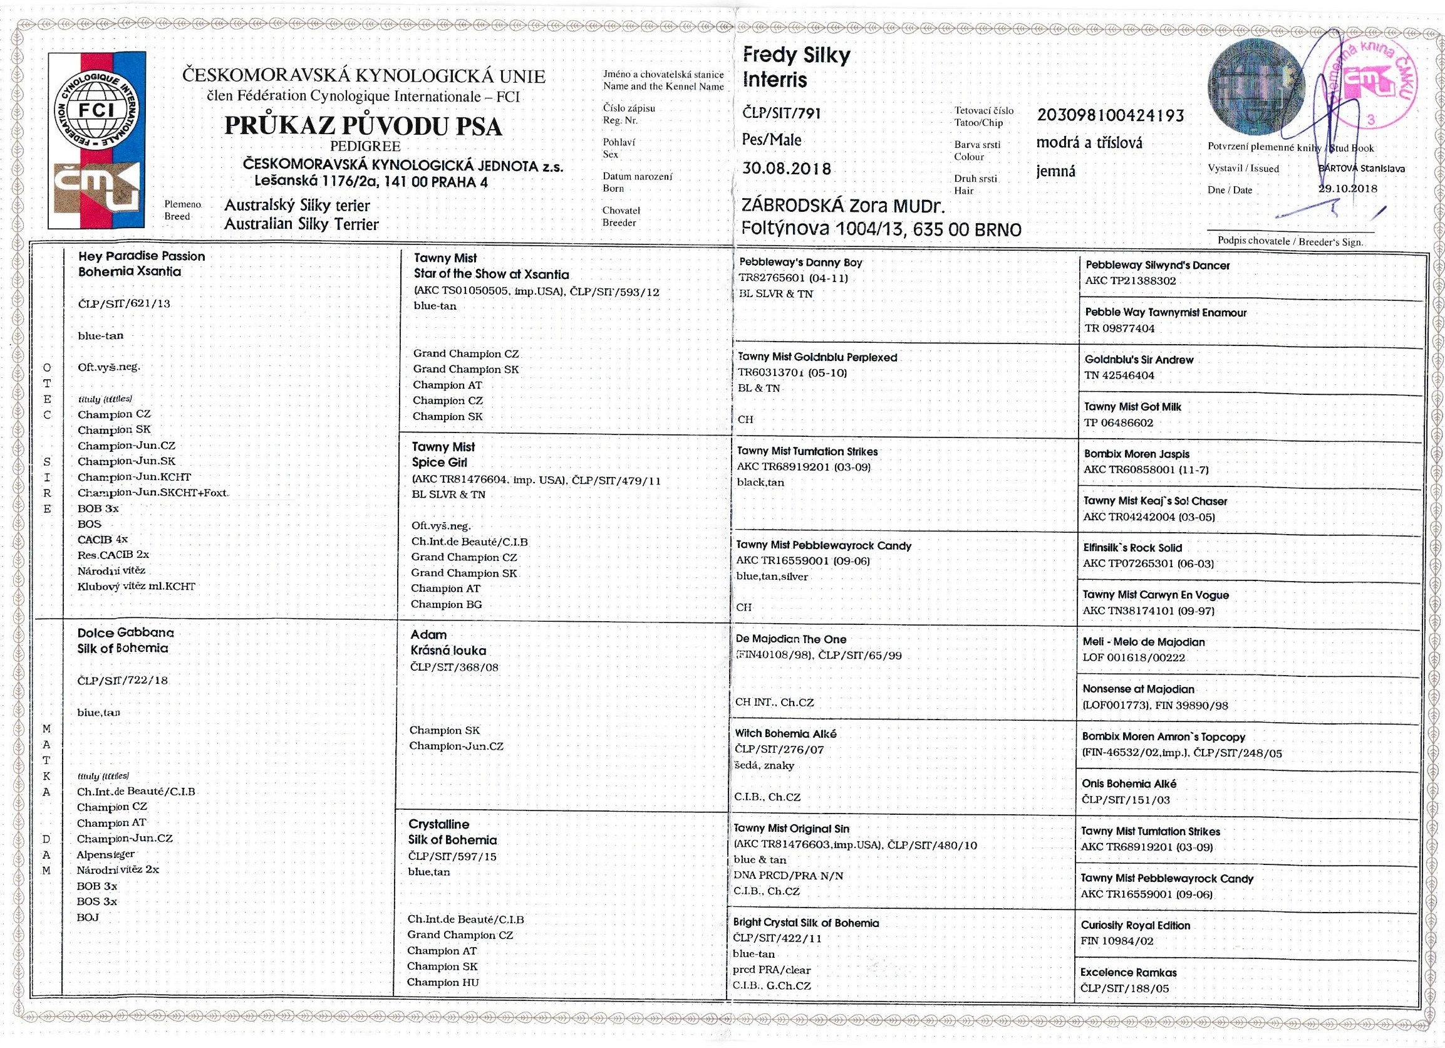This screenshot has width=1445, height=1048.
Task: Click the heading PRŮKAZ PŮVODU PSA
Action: tap(363, 126)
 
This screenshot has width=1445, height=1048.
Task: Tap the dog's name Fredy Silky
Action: tap(796, 56)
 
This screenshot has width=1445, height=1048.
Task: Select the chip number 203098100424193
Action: tap(1111, 115)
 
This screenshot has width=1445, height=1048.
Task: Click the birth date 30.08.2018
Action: tap(787, 169)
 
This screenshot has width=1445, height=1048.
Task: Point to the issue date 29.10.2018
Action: tap(1347, 189)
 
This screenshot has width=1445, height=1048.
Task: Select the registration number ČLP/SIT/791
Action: tap(782, 113)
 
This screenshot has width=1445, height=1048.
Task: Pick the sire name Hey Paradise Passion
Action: tap(142, 256)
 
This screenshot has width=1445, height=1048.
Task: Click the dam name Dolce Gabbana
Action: tap(125, 633)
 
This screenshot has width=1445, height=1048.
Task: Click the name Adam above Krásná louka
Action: tap(428, 635)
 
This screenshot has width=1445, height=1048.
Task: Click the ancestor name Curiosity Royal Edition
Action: tap(1136, 925)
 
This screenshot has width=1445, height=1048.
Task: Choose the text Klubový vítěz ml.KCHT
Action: tap(137, 587)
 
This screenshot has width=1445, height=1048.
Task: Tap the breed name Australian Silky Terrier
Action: tap(301, 224)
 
